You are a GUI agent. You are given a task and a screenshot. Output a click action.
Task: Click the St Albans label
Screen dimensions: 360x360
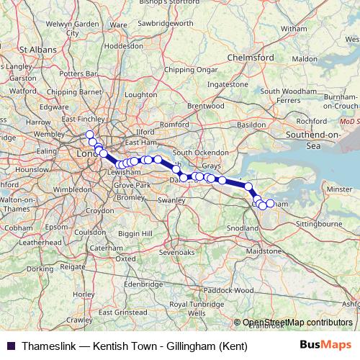(x=37, y=50)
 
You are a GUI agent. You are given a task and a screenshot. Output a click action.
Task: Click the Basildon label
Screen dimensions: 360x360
(x=251, y=125)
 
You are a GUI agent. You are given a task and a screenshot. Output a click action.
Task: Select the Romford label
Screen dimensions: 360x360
(x=174, y=125)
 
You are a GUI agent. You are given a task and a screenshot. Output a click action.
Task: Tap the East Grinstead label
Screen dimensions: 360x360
(x=118, y=313)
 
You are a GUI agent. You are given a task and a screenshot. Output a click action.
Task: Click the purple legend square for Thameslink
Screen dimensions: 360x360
(x=9, y=346)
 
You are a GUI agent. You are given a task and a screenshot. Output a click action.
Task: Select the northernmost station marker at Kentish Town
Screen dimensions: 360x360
(x=90, y=135)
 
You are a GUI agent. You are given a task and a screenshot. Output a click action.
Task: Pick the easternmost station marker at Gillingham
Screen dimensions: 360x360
(x=271, y=204)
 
